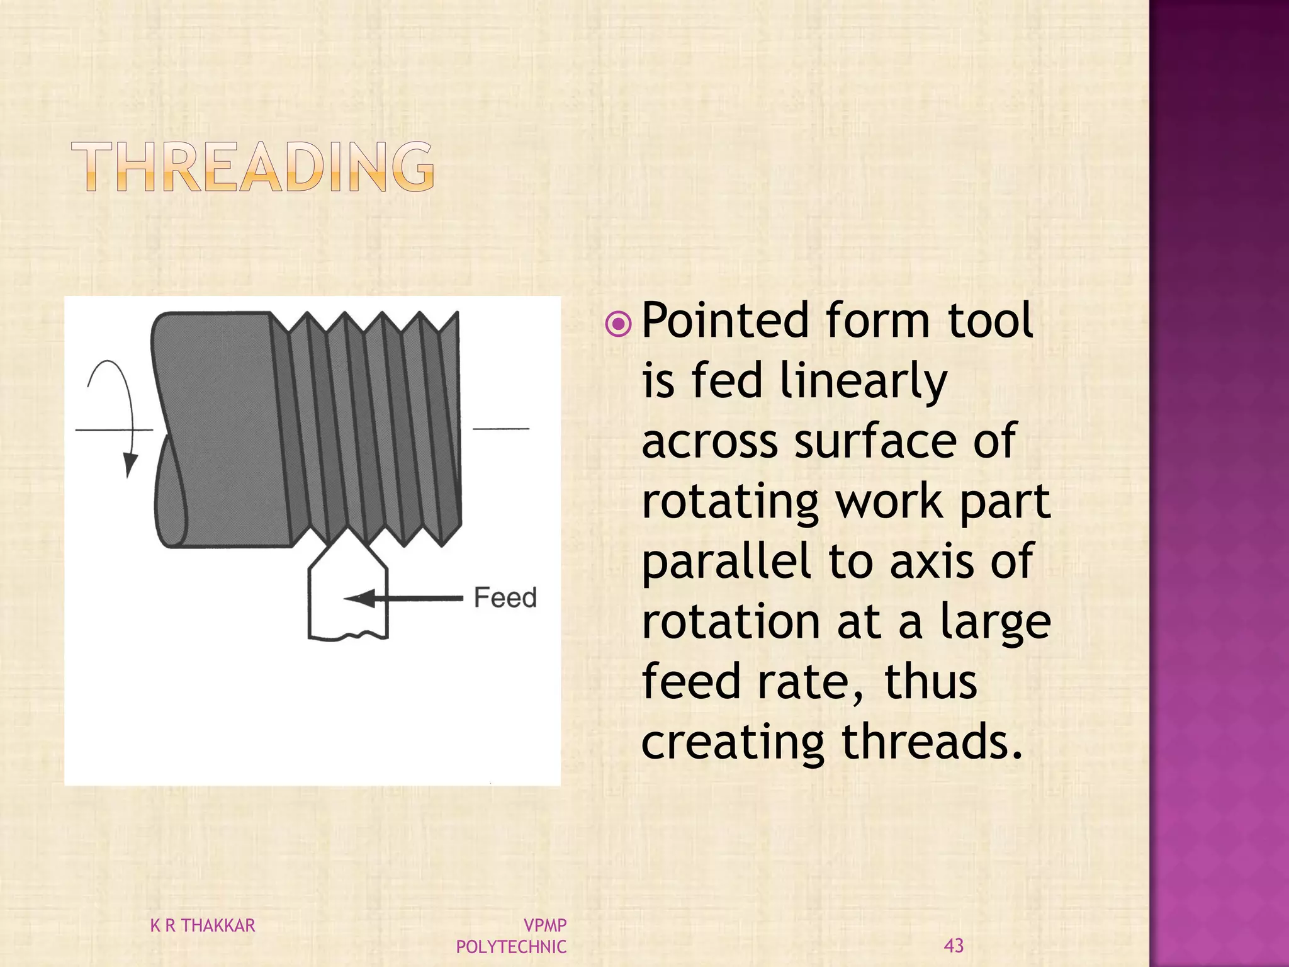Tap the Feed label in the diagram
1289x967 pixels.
pyautogui.click(x=505, y=597)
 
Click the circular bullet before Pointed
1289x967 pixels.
pyautogui.click(x=618, y=324)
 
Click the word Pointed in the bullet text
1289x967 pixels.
pyautogui.click(x=723, y=320)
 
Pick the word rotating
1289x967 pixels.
pyautogui.click(x=730, y=502)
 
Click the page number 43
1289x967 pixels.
pyautogui.click(x=954, y=945)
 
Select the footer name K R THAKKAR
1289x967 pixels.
pyautogui.click(x=203, y=925)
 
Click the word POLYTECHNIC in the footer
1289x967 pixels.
pyautogui.click(x=511, y=946)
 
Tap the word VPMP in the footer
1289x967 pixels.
pyautogui.click(x=545, y=925)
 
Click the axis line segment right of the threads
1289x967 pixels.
pyautogui.click(x=501, y=429)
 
